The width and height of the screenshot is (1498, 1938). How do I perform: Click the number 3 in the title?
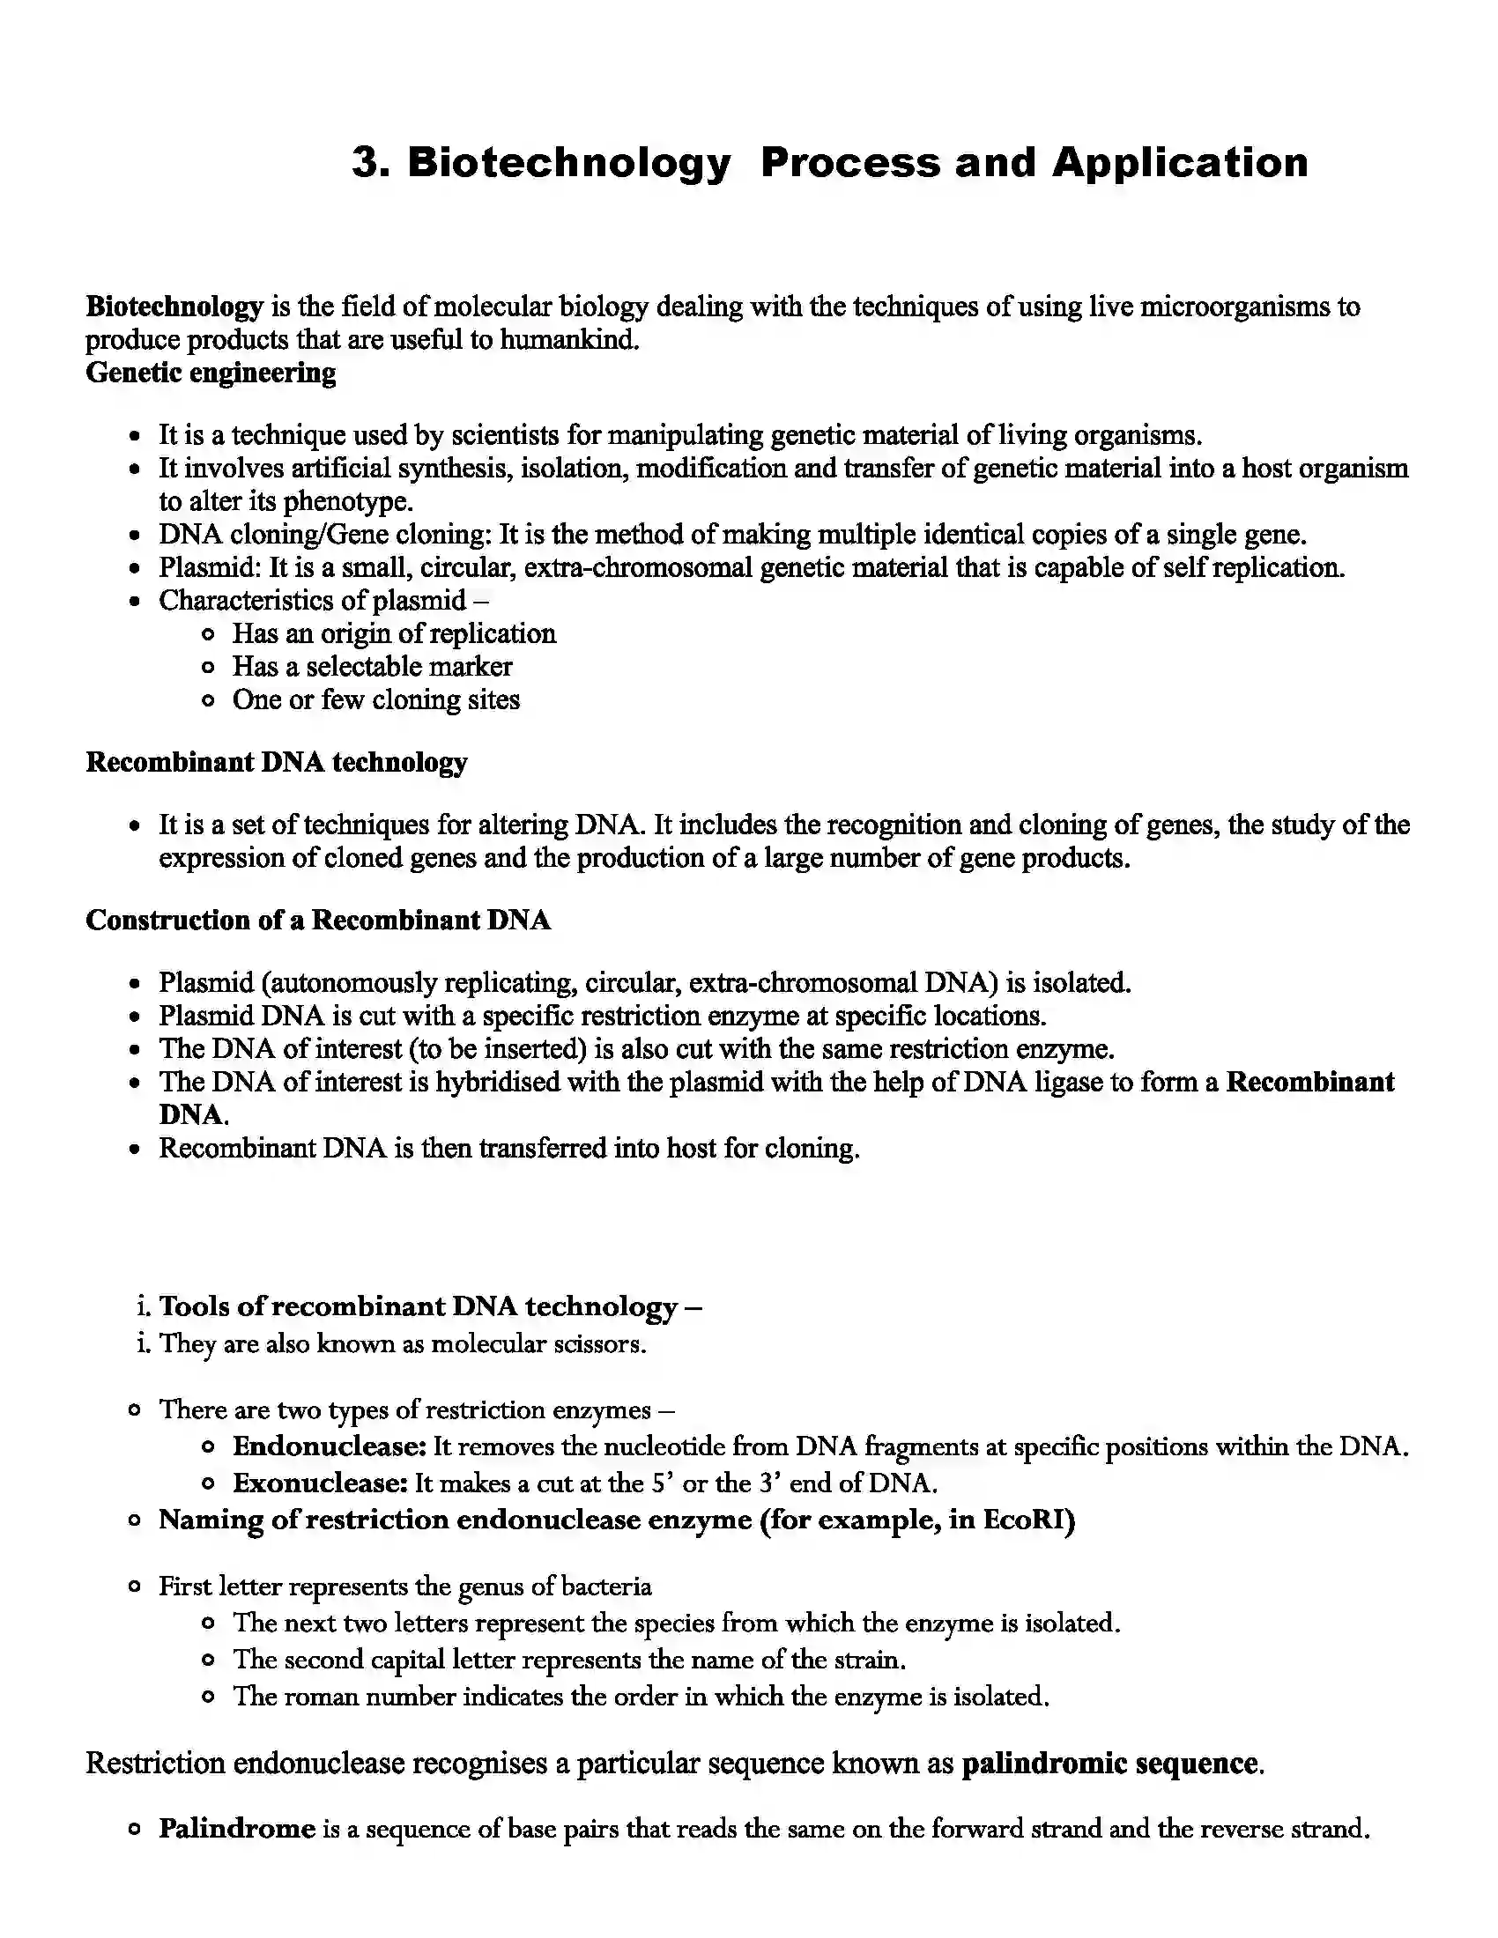[366, 163]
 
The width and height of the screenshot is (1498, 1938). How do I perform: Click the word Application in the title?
[1180, 163]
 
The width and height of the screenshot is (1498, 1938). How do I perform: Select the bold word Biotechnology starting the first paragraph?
[174, 307]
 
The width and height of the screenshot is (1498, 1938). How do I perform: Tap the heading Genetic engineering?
[211, 373]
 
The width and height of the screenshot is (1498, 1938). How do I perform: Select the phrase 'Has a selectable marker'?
[372, 667]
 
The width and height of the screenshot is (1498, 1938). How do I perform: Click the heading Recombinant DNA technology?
[276, 762]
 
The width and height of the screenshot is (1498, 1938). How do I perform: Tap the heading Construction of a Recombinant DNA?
[318, 921]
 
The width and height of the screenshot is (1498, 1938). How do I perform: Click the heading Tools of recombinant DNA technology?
[429, 1307]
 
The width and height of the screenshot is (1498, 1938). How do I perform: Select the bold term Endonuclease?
[330, 1447]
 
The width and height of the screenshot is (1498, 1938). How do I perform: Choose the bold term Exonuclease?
[320, 1483]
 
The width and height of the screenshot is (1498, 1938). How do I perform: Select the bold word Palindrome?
[237, 1829]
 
